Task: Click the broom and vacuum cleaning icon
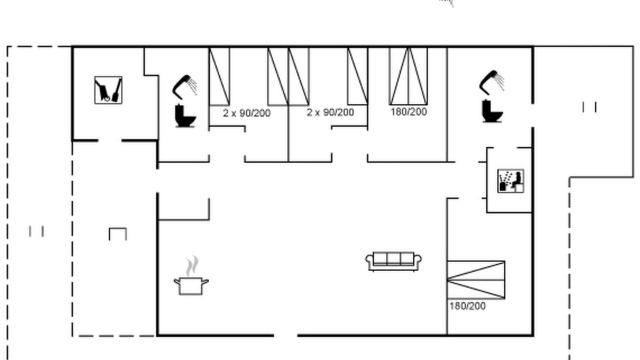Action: [108, 90]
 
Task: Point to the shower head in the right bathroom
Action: [492, 83]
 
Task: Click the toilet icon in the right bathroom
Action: [492, 111]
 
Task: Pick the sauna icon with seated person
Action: [510, 181]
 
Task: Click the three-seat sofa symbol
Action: [394, 261]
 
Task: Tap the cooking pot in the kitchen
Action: [191, 286]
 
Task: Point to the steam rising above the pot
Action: [193, 266]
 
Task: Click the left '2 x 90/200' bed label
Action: [246, 113]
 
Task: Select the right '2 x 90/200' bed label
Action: [330, 113]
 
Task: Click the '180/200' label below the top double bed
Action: [409, 111]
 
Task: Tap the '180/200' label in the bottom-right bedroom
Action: [467, 306]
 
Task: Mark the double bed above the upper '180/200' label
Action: [409, 76]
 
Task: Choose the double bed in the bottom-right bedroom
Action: [476, 280]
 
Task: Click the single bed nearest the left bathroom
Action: [219, 77]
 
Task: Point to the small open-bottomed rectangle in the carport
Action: [118, 234]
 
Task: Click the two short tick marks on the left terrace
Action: [36, 231]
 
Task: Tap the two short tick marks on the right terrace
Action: [589, 107]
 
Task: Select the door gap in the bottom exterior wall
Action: [286, 335]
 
